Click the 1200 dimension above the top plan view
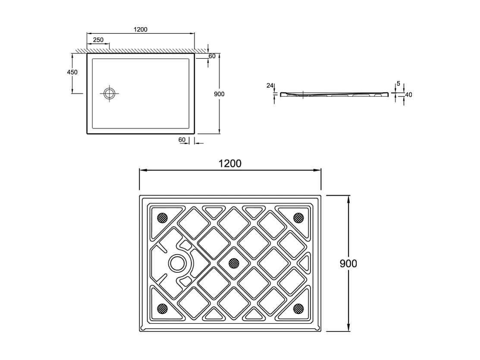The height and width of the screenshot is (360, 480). (x=141, y=29)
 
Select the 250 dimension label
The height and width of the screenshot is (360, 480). (x=98, y=40)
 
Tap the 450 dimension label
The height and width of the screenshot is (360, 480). (x=72, y=72)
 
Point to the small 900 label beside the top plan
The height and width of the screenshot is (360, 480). (x=219, y=94)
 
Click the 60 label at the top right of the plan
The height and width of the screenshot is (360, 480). (x=212, y=56)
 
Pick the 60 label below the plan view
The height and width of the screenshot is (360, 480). (x=182, y=139)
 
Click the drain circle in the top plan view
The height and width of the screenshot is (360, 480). (x=110, y=93)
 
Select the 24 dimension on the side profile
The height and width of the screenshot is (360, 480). (x=270, y=85)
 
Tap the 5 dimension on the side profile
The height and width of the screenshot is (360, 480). (x=398, y=83)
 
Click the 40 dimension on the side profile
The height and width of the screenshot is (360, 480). (x=408, y=95)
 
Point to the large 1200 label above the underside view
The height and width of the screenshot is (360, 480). (x=230, y=164)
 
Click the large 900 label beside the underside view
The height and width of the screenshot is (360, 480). (x=348, y=263)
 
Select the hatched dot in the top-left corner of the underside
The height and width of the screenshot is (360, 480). (x=162, y=218)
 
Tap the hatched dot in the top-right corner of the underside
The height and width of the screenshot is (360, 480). (x=298, y=218)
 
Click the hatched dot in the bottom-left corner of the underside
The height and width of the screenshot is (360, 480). (x=162, y=308)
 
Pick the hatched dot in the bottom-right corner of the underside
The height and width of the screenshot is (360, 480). (x=298, y=308)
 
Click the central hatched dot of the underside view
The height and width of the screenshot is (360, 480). (x=233, y=262)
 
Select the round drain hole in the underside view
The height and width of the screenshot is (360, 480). (x=177, y=262)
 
